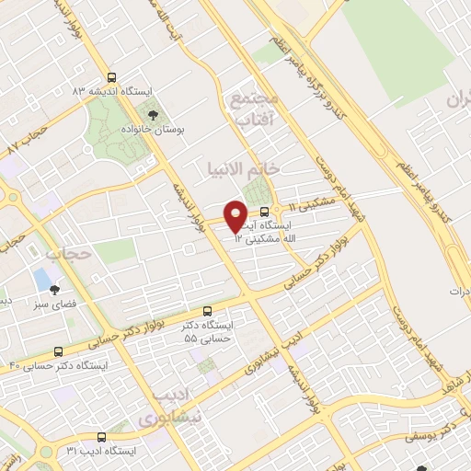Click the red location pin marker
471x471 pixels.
(x=235, y=216)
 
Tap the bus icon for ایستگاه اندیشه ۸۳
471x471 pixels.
(x=111, y=78)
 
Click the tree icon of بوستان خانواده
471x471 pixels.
(x=153, y=115)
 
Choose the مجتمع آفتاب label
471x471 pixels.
(x=250, y=109)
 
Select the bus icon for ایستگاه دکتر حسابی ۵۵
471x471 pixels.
(x=207, y=312)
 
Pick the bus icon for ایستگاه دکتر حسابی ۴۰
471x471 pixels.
(x=59, y=351)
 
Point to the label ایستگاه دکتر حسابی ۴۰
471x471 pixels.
(x=59, y=366)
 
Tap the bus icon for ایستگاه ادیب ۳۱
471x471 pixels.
(x=99, y=437)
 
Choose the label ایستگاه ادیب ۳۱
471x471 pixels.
(x=101, y=452)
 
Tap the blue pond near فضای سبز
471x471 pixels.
(x=41, y=276)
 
